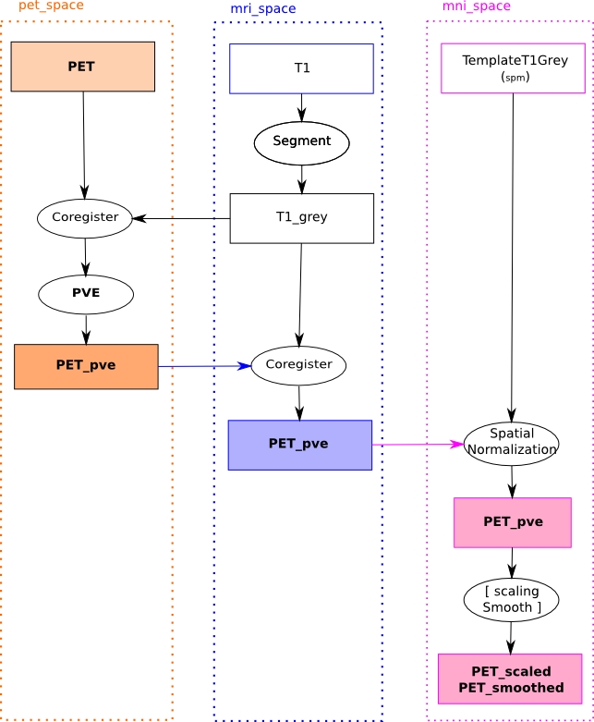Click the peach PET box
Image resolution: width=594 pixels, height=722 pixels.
(82, 67)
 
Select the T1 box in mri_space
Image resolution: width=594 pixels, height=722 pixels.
(301, 68)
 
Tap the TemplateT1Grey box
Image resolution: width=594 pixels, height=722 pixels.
(513, 68)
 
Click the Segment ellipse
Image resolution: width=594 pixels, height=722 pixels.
(301, 142)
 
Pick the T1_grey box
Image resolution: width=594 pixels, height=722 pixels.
(301, 218)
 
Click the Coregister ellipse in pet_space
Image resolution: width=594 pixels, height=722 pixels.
(85, 218)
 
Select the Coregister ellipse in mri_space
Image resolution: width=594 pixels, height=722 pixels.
(298, 365)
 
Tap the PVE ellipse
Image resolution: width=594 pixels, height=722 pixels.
(86, 294)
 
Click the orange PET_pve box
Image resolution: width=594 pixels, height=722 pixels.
(86, 366)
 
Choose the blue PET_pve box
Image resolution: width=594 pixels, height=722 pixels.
(299, 445)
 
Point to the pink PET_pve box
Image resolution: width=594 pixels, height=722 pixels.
(513, 522)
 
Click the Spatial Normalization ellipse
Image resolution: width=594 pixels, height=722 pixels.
(511, 444)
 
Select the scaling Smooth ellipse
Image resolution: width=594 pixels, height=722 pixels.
(511, 600)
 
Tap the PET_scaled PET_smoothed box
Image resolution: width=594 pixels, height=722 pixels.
(510, 679)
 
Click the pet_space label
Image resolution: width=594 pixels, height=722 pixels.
(51, 6)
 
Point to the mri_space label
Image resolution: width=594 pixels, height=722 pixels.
(263, 9)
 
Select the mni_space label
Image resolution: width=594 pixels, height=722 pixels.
(476, 6)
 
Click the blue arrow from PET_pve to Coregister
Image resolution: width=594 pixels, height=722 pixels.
(203, 366)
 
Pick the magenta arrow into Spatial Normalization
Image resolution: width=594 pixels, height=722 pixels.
(416, 445)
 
